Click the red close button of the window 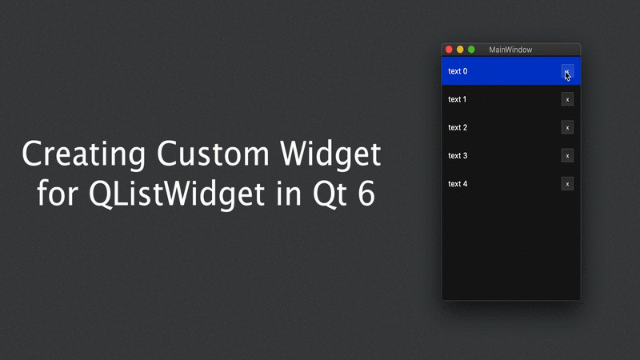coord(449,50)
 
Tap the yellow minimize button coord(460,50)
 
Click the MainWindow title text coord(510,50)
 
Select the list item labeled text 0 coord(458,71)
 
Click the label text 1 coord(458,99)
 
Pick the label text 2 coord(458,127)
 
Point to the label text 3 coord(458,155)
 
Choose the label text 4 coord(458,184)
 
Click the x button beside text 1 coord(567,99)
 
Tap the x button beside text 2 coord(567,127)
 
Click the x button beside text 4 coord(567,184)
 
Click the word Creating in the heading coord(83,154)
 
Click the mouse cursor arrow coord(567,75)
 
